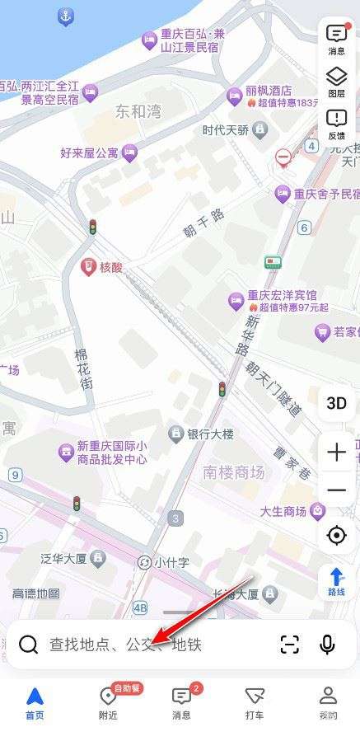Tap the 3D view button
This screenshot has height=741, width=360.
(336, 403)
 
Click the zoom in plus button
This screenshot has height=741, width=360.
(336, 453)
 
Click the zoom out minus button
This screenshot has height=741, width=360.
(336, 490)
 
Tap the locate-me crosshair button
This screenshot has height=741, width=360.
(336, 536)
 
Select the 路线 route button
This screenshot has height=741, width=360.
(336, 583)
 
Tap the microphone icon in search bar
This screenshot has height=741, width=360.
(328, 645)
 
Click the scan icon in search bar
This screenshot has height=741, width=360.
(290, 645)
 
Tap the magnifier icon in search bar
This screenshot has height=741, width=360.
(29, 645)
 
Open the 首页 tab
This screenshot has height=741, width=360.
(35, 703)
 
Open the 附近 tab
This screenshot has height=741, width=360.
(108, 703)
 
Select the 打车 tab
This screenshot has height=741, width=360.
(255, 703)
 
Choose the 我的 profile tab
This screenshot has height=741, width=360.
(328, 703)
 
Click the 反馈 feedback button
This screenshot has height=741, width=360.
(337, 124)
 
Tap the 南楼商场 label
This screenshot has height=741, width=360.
(234, 472)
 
